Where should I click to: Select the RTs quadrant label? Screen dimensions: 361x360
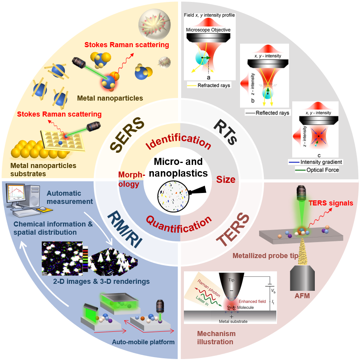[234, 135]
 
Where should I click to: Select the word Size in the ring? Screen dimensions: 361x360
[226, 180]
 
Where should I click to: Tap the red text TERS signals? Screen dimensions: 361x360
[330, 203]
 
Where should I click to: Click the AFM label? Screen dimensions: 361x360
[302, 296]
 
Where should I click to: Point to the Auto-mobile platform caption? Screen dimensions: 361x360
[143, 342]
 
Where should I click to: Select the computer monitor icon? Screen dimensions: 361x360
[18, 195]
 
